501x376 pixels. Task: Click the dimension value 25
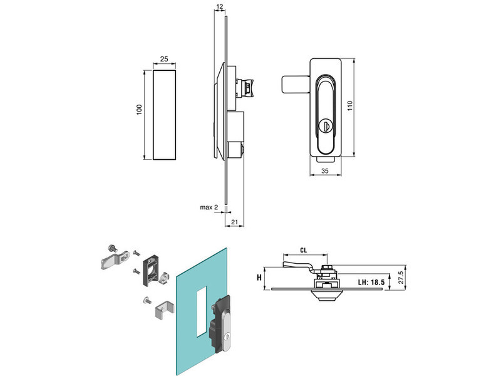point(164,59)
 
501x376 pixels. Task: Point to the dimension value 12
point(219,6)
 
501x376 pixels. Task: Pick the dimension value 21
point(234,222)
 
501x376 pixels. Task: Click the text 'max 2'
point(208,207)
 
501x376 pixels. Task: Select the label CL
point(303,249)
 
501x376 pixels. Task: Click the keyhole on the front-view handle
point(324,126)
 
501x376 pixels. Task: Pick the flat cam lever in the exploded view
point(113,259)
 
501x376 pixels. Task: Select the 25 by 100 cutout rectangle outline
point(164,115)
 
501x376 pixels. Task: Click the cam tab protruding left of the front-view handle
point(294,84)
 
